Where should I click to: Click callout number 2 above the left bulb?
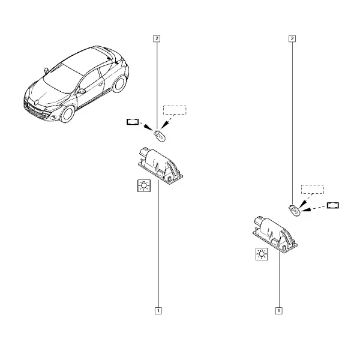157,38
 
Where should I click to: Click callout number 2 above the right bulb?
292,38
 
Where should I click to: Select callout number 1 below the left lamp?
158,311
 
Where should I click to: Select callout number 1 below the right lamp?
279,311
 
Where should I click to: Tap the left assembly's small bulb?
160,136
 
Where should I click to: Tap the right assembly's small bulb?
295,211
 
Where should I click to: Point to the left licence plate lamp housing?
160,166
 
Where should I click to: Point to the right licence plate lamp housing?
275,235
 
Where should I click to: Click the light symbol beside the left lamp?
144,185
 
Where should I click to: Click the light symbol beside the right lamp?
262,254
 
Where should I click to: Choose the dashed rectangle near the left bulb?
175,110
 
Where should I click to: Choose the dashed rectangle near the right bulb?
313,190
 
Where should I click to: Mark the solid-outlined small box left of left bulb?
133,122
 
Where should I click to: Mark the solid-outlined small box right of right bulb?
333,205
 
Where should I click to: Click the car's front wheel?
67,114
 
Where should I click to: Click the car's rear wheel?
119,84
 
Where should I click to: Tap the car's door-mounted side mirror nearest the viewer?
81,91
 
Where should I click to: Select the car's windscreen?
62,79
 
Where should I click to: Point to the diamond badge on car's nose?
36,102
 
